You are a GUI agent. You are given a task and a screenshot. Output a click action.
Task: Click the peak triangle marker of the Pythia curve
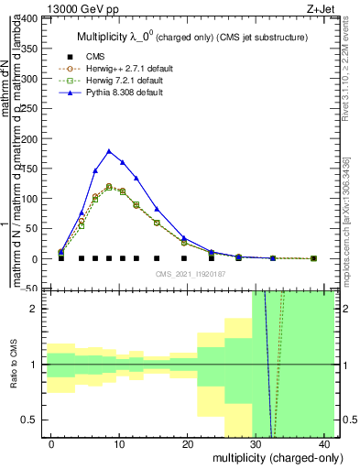[109, 151]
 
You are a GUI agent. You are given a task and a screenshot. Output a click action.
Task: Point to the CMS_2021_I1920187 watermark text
[188, 274]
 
